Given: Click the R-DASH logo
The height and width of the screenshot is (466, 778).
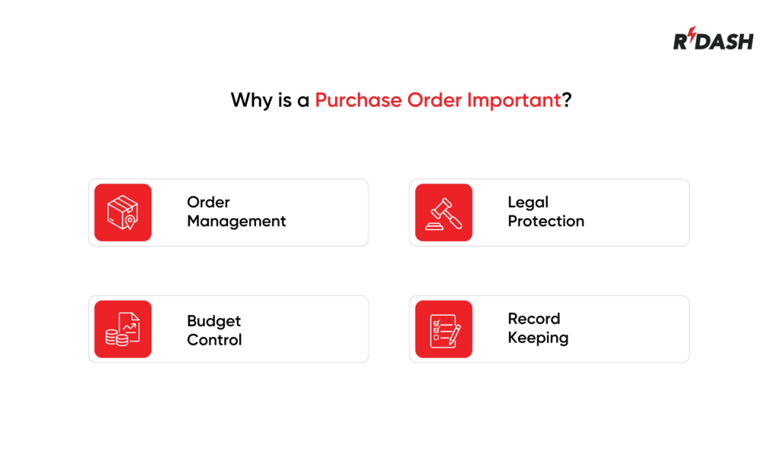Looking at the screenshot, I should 713,39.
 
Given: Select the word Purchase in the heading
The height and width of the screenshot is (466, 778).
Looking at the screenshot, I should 358,100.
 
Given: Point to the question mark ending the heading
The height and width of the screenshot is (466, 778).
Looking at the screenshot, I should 567,100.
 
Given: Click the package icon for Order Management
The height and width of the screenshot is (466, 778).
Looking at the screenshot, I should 122,213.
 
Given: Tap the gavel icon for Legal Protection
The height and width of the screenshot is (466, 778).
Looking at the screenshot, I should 444,213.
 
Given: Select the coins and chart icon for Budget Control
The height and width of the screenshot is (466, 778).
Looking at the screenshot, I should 122,329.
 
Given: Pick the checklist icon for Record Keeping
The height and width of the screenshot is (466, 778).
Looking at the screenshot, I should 444,329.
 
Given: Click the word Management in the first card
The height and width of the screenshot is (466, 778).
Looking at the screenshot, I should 236,222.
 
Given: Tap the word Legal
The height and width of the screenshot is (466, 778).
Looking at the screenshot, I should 528,203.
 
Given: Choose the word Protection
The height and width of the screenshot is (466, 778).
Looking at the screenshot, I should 546,222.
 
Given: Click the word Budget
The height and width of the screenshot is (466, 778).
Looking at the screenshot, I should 213,321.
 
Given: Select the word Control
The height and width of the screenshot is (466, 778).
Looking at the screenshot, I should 214,340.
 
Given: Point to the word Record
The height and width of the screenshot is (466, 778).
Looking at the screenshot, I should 533,319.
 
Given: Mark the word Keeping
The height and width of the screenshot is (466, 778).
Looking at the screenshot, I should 538,338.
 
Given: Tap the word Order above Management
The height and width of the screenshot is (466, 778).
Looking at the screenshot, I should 208,203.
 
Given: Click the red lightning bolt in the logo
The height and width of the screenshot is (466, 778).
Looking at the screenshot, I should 693,37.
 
